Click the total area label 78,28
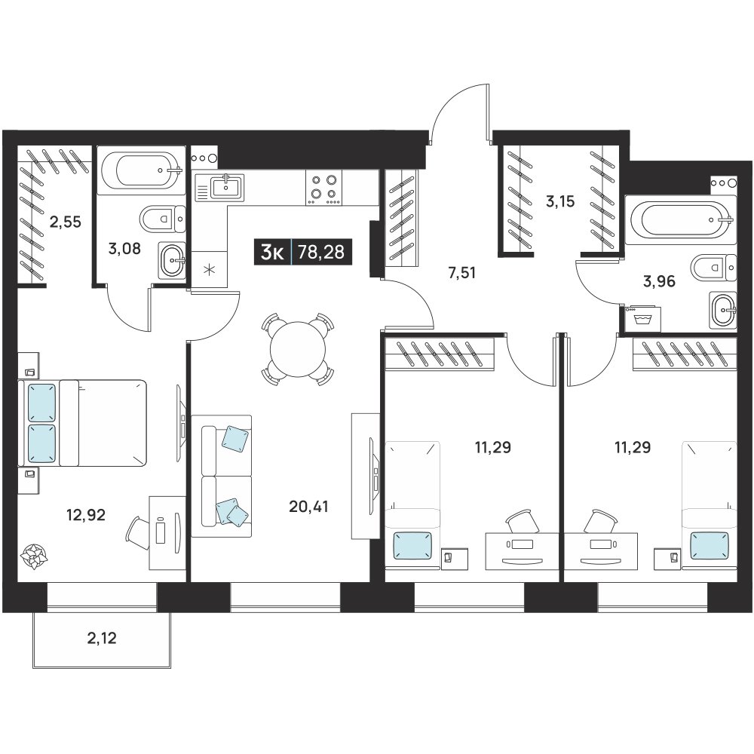tap(321, 252)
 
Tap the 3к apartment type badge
tap(272, 252)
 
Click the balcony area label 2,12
tap(102, 638)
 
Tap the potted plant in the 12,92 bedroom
tap(35, 557)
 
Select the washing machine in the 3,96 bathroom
tap(642, 318)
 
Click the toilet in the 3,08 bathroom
tap(163, 219)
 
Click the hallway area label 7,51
tap(461, 273)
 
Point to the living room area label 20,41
tap(308, 506)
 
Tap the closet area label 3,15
tap(560, 201)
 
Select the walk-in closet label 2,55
tap(66, 222)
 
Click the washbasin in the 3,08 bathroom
tap(172, 260)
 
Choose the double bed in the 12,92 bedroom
tap(82, 423)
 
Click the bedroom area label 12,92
tap(86, 515)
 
